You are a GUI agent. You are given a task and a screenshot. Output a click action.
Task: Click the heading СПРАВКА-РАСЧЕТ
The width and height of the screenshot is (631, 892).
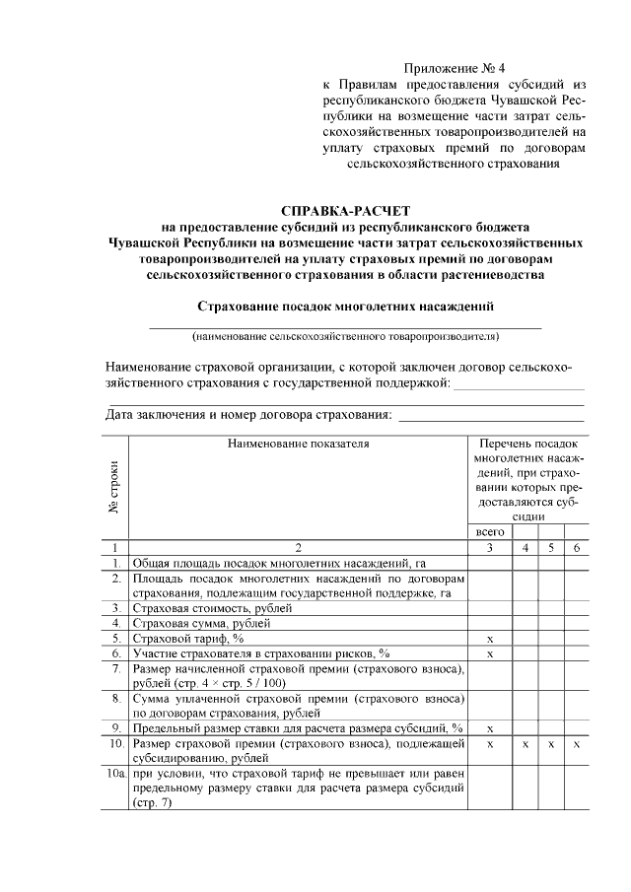pos(344,211)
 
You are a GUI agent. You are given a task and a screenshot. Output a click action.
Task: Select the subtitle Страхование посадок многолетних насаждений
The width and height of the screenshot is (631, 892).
pos(344,307)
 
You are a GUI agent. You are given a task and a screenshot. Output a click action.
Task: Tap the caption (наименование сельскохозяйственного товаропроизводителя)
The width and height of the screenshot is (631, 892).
pos(344,336)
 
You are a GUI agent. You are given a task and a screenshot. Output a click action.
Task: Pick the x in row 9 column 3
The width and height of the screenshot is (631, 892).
pos(490,728)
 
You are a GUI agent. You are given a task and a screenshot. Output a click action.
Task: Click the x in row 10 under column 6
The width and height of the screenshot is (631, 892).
pos(577,744)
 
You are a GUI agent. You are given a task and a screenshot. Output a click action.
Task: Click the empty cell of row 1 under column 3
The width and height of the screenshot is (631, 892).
pos(490,563)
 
